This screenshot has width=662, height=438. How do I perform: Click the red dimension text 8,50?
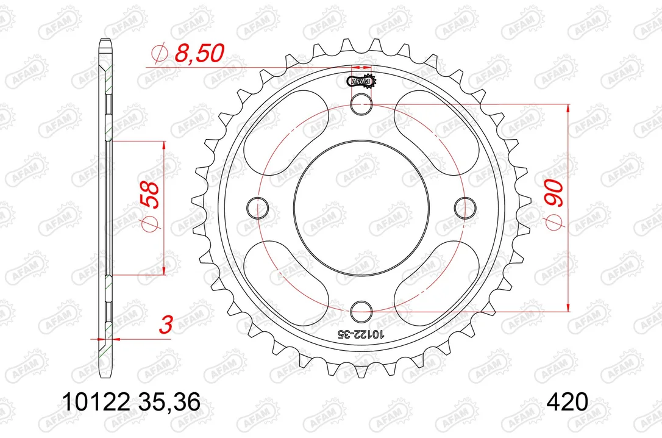click(x=199, y=53)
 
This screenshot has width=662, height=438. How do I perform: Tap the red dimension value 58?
click(x=150, y=195)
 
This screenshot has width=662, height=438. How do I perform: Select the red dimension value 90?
click(x=555, y=193)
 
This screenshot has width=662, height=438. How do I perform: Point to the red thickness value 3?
click(x=166, y=325)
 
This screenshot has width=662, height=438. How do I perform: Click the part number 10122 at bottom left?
click(x=96, y=401)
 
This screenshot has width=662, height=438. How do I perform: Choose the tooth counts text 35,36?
click(x=169, y=402)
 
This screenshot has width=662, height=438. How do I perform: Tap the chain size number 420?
click(x=567, y=401)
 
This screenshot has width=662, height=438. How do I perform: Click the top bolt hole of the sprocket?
click(x=362, y=104)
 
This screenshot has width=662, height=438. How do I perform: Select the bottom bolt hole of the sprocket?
click(x=362, y=312)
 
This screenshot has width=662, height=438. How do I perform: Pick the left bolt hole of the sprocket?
click(x=257, y=208)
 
